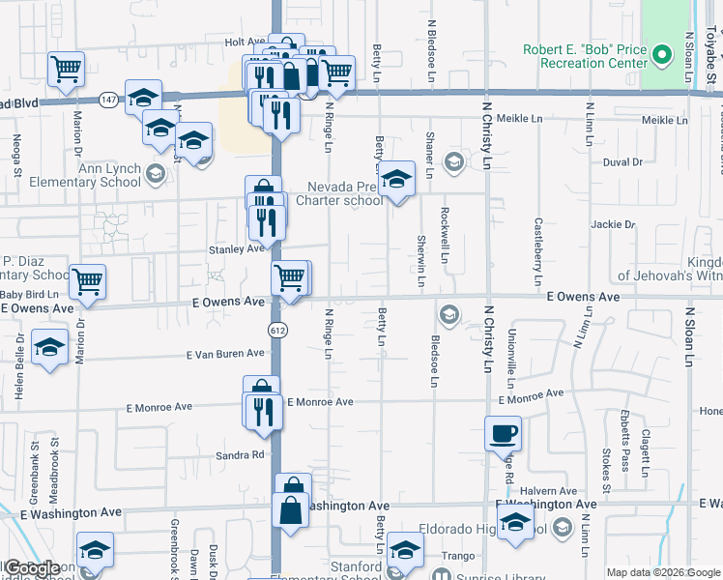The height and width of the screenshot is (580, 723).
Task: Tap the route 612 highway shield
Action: [277, 330]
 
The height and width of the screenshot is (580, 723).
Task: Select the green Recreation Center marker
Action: [661, 55]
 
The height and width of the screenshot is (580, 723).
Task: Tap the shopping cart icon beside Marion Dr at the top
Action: [66, 69]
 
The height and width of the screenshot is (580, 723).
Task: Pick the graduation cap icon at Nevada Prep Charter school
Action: [395, 179]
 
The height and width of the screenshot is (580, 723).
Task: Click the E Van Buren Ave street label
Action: [226, 354]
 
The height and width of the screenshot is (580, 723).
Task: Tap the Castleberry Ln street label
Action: [538, 243]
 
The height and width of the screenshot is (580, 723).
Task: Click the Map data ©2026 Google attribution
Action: [662, 572]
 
